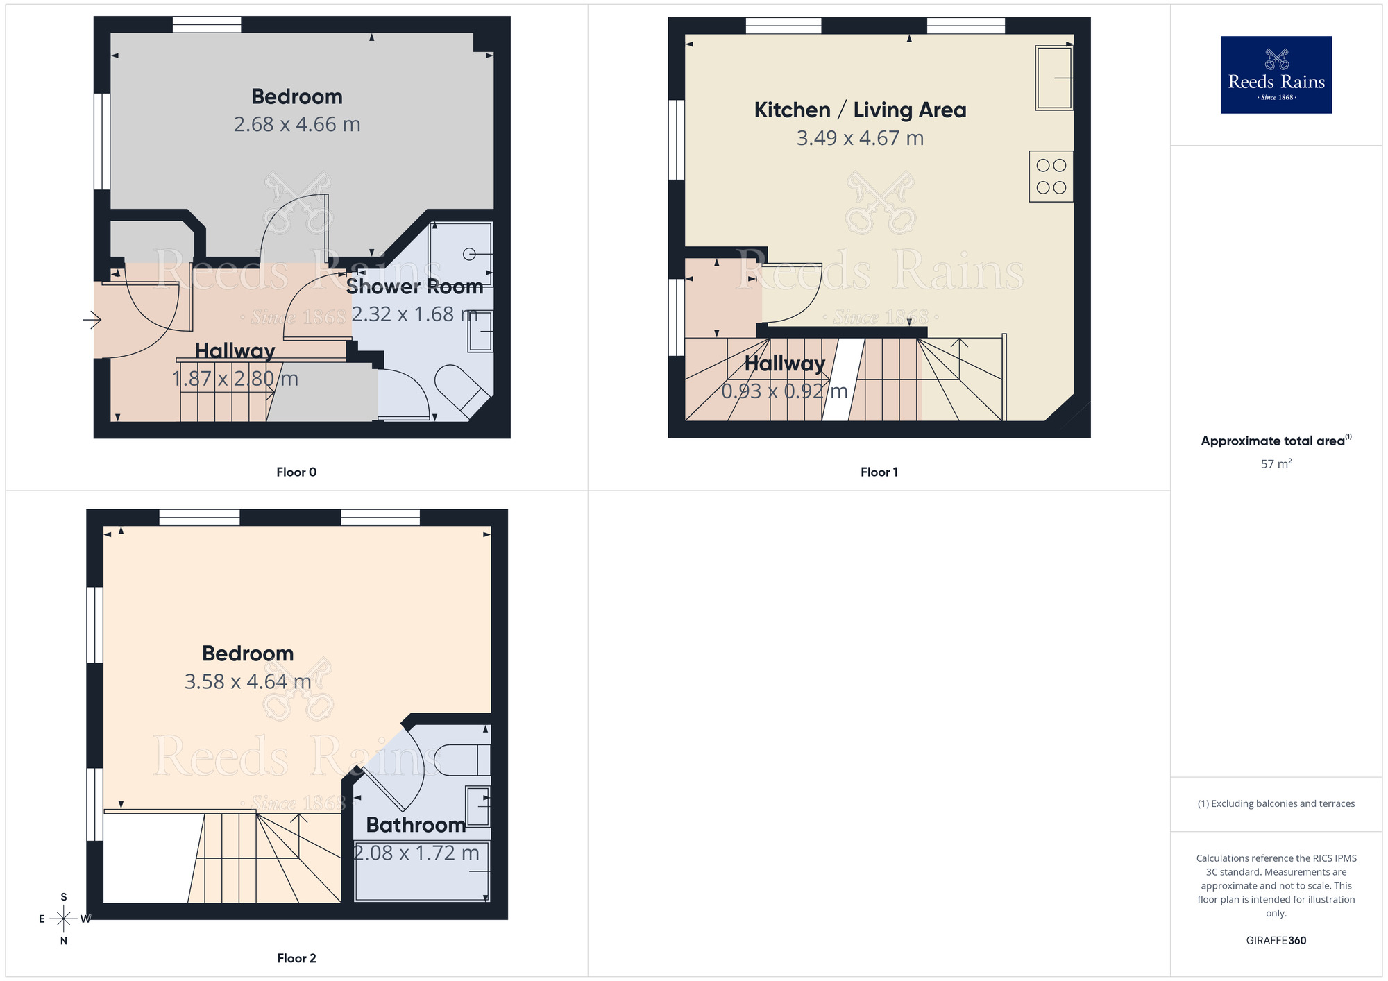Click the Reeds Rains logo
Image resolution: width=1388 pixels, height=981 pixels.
[1276, 75]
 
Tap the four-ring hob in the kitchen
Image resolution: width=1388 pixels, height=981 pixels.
[1051, 176]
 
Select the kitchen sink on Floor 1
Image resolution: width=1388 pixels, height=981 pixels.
[1053, 78]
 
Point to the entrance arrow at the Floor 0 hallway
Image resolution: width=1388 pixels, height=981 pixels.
[92, 320]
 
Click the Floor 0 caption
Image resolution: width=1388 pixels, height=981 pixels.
[296, 472]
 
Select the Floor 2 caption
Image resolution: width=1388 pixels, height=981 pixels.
[296, 958]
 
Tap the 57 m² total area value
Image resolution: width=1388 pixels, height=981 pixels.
[1276, 464]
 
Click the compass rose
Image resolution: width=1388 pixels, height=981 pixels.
[64, 919]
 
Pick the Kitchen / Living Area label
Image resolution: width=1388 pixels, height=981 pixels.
[860, 110]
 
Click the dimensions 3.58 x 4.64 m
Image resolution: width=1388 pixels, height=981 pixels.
[248, 682]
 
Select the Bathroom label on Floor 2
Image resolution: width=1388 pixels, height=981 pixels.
[416, 825]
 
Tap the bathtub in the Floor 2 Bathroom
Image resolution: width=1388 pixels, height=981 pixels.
[421, 871]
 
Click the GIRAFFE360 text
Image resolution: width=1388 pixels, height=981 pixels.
[1276, 941]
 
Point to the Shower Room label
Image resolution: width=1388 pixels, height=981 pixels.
[414, 287]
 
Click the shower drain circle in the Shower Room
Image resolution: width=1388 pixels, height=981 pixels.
[469, 254]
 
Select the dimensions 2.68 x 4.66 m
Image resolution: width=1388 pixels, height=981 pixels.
[297, 125]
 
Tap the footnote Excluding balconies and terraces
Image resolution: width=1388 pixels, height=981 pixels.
[1276, 803]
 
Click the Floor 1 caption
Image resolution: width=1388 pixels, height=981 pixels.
[879, 472]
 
